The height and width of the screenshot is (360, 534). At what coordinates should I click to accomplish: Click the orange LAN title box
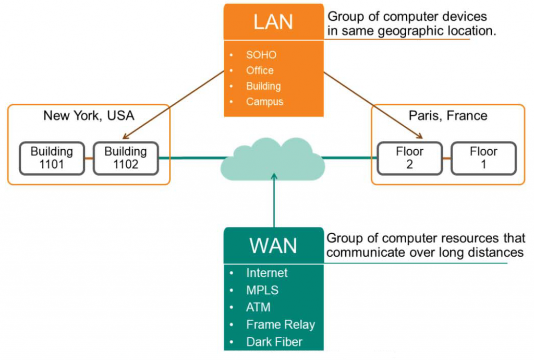[273, 22]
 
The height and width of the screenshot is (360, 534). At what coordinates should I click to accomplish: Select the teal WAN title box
[273, 246]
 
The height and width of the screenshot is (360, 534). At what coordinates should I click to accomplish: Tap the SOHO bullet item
[261, 55]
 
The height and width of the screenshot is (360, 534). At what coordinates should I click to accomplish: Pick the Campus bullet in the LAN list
[264, 102]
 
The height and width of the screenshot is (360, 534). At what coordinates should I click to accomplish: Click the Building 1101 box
[52, 158]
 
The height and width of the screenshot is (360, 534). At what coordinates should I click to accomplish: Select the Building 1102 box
[126, 158]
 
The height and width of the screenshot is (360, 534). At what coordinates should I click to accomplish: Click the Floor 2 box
[409, 158]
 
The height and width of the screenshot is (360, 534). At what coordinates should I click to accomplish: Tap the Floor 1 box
[483, 158]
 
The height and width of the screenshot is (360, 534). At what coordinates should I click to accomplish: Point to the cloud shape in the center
[273, 159]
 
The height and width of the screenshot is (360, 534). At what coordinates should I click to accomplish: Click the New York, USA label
[88, 115]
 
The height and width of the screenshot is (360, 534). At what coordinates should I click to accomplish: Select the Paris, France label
[448, 115]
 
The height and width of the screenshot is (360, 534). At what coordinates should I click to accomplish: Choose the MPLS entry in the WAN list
[262, 290]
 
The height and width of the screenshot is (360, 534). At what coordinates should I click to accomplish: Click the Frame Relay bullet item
[281, 325]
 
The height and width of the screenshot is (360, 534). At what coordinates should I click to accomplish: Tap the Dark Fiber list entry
[274, 342]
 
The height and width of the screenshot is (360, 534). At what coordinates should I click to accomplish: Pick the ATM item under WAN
[258, 307]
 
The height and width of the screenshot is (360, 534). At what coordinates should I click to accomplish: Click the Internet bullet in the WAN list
[266, 273]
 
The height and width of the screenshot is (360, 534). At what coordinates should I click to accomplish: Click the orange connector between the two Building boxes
[89, 158]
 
